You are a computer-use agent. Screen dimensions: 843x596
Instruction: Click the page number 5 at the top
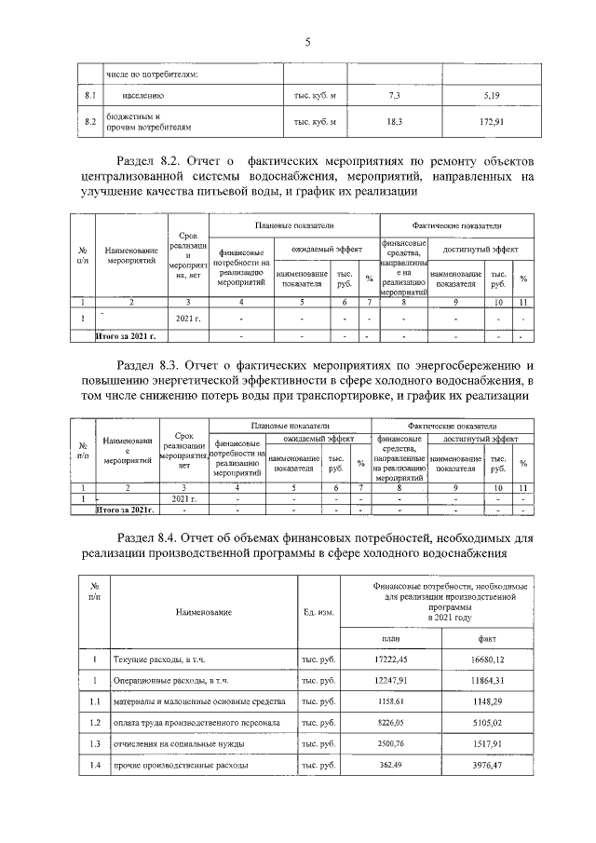(306, 40)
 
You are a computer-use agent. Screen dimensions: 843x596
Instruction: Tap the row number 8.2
(90, 122)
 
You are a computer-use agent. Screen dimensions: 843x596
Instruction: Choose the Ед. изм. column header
(318, 611)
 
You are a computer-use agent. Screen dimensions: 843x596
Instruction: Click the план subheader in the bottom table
(391, 638)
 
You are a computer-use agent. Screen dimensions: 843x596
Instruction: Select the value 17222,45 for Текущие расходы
(391, 659)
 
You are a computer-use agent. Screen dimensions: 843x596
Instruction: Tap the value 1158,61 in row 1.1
(391, 700)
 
